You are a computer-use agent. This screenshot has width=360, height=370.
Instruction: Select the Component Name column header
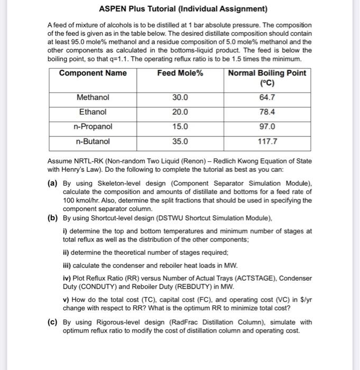(93, 73)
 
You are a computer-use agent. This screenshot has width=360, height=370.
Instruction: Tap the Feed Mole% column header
(180, 73)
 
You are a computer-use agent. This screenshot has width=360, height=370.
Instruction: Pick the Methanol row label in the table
(93, 98)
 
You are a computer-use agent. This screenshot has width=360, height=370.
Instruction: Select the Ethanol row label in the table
(93, 112)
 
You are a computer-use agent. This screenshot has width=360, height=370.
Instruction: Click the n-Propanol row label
(93, 127)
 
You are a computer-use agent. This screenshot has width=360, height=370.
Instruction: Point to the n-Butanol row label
(93, 141)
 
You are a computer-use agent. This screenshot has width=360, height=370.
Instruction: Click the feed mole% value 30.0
(180, 98)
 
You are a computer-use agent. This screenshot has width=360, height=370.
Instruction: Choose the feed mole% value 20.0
(180, 112)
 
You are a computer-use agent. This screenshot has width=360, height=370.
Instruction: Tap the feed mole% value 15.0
(180, 127)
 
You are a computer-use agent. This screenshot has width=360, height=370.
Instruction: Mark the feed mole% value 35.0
(180, 141)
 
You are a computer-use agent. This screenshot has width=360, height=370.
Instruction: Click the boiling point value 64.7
(267, 98)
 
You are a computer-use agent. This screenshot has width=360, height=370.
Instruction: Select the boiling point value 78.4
(267, 112)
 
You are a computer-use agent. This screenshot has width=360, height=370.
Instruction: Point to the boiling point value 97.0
(267, 127)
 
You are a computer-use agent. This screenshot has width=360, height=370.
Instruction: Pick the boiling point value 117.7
(267, 141)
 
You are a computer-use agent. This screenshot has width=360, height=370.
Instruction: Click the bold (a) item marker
(53, 183)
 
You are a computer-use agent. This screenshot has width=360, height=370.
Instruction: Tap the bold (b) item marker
(53, 218)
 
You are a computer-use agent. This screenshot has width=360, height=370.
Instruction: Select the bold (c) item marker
(53, 322)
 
